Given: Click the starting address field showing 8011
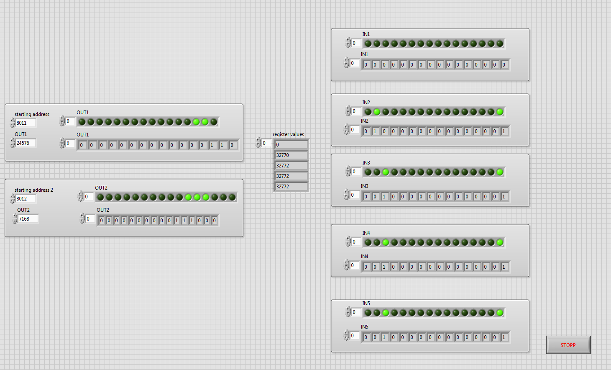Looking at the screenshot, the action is click(26, 123).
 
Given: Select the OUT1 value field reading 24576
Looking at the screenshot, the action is click(26, 143).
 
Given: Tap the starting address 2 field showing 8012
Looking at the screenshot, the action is click(26, 198).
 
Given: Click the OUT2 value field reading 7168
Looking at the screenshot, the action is click(28, 219).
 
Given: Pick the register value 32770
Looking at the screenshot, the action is click(291, 155).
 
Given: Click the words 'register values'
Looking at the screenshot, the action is click(288, 134).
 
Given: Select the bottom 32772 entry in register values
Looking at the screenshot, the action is click(291, 187).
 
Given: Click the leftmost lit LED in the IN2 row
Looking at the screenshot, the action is click(377, 112).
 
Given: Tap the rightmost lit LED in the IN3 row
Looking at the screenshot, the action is click(500, 172).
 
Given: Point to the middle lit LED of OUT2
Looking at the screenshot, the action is click(197, 197).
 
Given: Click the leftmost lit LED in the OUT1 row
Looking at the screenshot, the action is click(196, 122).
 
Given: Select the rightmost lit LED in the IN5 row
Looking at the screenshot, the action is click(500, 313).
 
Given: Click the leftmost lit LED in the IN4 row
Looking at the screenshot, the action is click(386, 242).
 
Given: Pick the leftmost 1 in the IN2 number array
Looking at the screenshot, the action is click(376, 131).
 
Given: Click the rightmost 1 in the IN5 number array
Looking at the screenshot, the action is click(504, 337).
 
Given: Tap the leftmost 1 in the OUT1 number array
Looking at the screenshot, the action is click(212, 145).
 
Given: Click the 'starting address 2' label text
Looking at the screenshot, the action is click(34, 190).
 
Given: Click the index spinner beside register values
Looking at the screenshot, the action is click(258, 143).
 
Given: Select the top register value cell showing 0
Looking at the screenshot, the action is click(291, 145).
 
